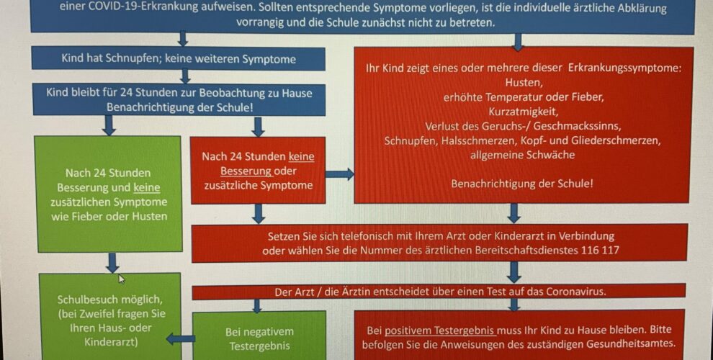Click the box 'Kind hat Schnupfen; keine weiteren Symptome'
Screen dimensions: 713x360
[179, 58]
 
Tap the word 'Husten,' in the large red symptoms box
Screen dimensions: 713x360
[524, 83]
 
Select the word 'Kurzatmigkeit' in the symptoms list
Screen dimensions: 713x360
[523, 112]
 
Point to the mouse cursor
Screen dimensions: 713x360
[122, 279]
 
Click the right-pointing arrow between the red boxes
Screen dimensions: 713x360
[340, 174]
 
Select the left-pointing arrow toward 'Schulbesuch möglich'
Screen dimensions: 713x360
[181, 338]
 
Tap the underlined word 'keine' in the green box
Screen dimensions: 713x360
[146, 187]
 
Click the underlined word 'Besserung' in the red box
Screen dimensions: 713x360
[246, 171]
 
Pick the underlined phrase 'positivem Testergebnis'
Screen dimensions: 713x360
[440, 330]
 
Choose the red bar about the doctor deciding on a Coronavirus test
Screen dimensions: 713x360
[439, 292]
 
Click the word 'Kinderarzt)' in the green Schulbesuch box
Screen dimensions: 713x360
[111, 342]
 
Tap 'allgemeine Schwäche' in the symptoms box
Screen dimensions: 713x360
[522, 155]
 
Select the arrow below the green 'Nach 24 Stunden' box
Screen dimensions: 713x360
[112, 263]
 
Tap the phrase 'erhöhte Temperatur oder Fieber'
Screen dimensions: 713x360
[524, 97]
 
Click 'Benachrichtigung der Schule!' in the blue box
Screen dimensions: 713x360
[180, 107]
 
